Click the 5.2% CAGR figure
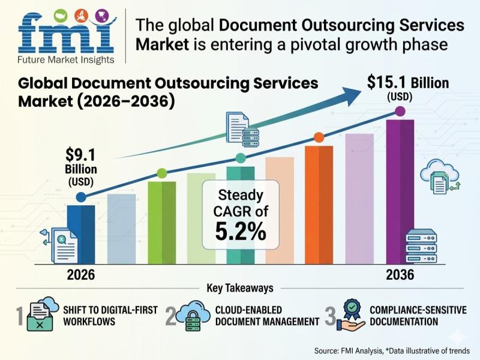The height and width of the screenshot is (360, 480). click(x=240, y=231)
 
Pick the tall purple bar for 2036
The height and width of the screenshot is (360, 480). click(x=400, y=192)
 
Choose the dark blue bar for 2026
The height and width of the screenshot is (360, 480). click(x=81, y=234)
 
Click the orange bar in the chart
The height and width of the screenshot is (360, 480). click(x=319, y=204)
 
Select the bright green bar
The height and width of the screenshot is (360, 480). click(x=161, y=222)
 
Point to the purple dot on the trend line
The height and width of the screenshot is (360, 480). click(x=400, y=112)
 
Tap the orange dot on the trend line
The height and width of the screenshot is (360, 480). click(x=319, y=137)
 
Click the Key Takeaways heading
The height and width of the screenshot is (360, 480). click(x=240, y=289)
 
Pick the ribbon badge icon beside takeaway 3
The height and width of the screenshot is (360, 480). click(x=351, y=315)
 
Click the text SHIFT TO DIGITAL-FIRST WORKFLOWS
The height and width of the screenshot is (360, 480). click(x=110, y=316)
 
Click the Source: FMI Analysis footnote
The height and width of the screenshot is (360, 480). click(x=396, y=350)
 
